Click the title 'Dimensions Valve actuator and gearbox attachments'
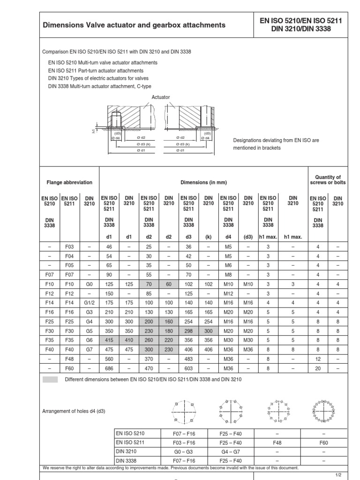(x=134, y=25)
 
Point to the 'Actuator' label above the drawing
(x=161, y=97)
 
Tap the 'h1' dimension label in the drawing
(x=94, y=132)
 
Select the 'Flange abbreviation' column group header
(x=69, y=182)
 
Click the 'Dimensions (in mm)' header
(x=203, y=182)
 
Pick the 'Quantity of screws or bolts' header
(x=328, y=180)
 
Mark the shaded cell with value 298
(x=188, y=331)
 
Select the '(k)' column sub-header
(x=208, y=237)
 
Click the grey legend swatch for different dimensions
(x=50, y=379)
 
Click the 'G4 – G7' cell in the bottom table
(x=230, y=451)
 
